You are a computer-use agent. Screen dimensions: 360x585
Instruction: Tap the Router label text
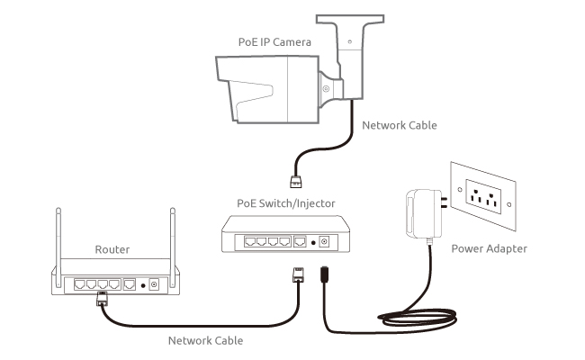click(112, 249)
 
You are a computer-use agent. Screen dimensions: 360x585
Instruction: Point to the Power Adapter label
click(489, 248)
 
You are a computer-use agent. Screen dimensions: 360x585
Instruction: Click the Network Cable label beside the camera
click(399, 125)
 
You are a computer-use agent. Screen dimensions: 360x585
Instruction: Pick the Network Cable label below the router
click(205, 340)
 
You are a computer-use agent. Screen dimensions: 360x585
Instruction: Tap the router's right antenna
click(171, 243)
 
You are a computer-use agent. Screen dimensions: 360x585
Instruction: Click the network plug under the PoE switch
click(297, 275)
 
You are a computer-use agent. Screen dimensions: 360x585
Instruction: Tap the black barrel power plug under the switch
click(326, 274)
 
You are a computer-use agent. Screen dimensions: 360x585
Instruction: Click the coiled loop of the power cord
click(423, 317)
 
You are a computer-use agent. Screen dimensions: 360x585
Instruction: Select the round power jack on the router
click(154, 284)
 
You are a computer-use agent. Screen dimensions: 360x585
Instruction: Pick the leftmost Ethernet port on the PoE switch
click(242, 242)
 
